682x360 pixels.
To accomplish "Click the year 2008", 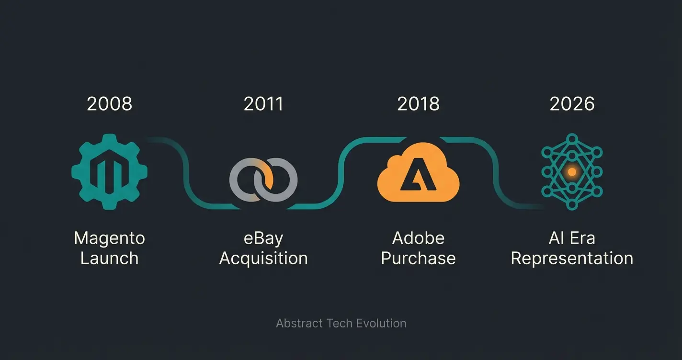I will [x=109, y=104].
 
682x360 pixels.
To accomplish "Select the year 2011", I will [x=263, y=104].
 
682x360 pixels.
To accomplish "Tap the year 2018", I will [x=418, y=104].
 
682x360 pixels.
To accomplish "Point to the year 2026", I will [x=572, y=104].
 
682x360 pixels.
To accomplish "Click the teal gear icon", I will [x=109, y=171].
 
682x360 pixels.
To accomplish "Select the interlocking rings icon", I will [x=263, y=180].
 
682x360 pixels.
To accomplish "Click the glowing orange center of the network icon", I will [x=572, y=171].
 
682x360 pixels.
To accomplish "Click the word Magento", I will [x=109, y=238].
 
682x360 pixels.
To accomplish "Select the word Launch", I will [x=109, y=259].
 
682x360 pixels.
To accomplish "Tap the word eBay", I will [x=263, y=238].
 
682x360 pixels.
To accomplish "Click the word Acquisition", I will [x=263, y=259].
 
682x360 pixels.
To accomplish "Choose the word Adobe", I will [x=418, y=238].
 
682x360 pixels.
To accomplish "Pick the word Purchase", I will [x=418, y=259].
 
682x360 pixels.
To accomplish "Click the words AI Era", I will [x=572, y=238].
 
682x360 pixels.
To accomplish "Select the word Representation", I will [x=572, y=259].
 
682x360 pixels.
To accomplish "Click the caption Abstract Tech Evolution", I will [x=341, y=323].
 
